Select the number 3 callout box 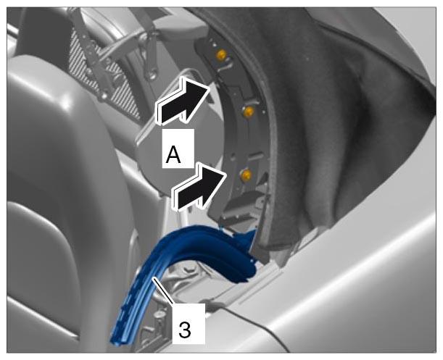[189, 324]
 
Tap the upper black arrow [183, 101]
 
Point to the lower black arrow [200, 187]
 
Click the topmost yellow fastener [222, 54]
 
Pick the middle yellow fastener [249, 112]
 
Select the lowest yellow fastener [246, 175]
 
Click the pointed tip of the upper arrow [210, 87]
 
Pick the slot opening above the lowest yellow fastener [256, 154]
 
